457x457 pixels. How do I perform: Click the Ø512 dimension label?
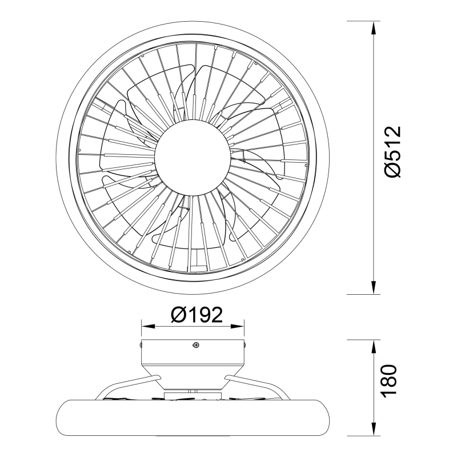[x=392, y=152]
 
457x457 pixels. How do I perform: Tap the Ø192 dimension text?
[x=197, y=315]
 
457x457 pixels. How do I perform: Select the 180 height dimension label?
[x=389, y=380]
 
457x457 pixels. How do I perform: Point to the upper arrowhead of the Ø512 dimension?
[x=374, y=27]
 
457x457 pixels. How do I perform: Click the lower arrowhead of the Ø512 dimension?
[x=374, y=288]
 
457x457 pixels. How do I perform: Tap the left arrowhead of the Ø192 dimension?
[x=147, y=326]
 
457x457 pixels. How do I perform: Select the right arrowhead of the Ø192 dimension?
[x=238, y=326]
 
